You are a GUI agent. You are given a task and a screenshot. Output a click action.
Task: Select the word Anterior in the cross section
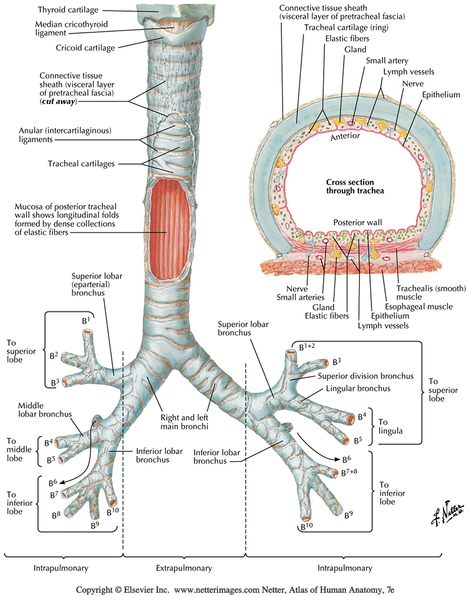click(344, 136)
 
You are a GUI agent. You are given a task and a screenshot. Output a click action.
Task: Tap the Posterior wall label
click(353, 223)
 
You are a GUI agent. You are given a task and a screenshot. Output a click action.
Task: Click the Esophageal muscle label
click(418, 306)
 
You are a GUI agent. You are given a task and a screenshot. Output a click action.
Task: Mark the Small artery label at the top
click(386, 60)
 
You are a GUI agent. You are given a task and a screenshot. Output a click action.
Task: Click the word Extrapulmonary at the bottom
click(184, 568)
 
